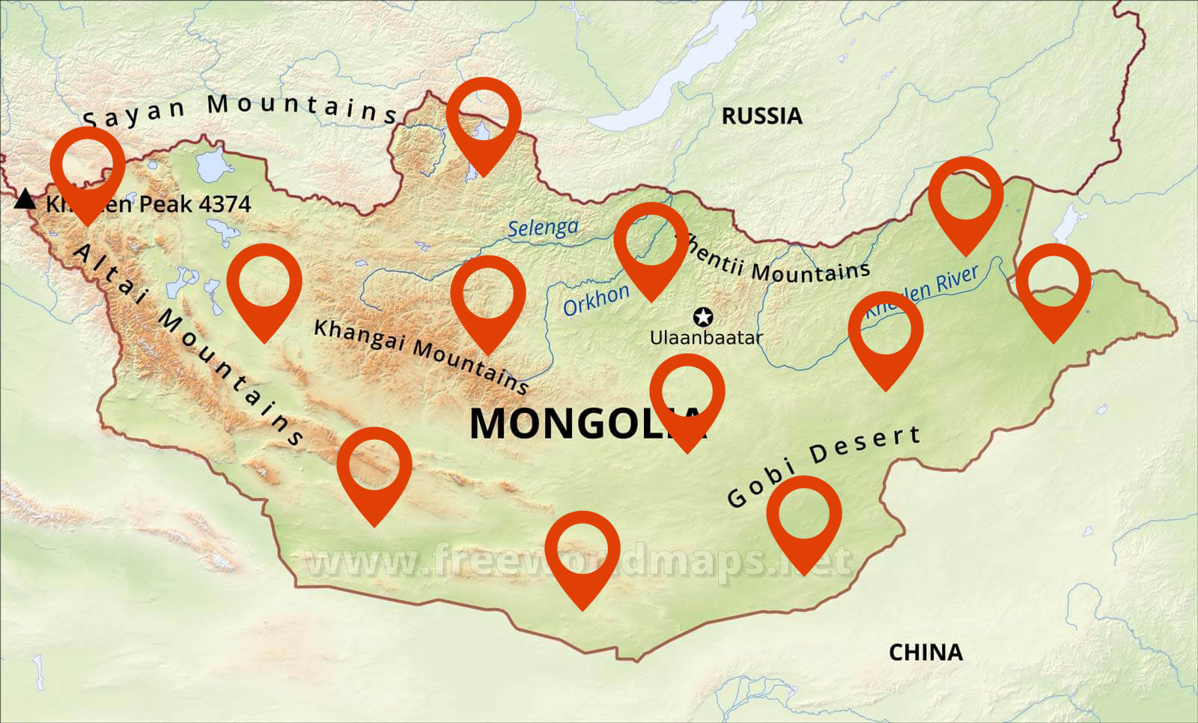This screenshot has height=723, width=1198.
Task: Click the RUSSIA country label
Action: click(761, 116)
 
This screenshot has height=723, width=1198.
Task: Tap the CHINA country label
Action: click(925, 653)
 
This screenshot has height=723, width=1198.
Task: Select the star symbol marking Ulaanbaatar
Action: click(703, 317)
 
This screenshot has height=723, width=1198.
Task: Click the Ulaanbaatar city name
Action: click(705, 338)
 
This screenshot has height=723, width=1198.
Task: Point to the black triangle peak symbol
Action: click(25, 199)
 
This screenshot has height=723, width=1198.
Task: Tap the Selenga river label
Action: click(543, 228)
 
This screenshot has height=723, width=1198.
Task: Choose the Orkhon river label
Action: click(596, 300)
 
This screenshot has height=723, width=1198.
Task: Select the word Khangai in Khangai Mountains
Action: click(359, 335)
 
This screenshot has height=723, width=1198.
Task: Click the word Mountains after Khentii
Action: click(810, 270)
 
